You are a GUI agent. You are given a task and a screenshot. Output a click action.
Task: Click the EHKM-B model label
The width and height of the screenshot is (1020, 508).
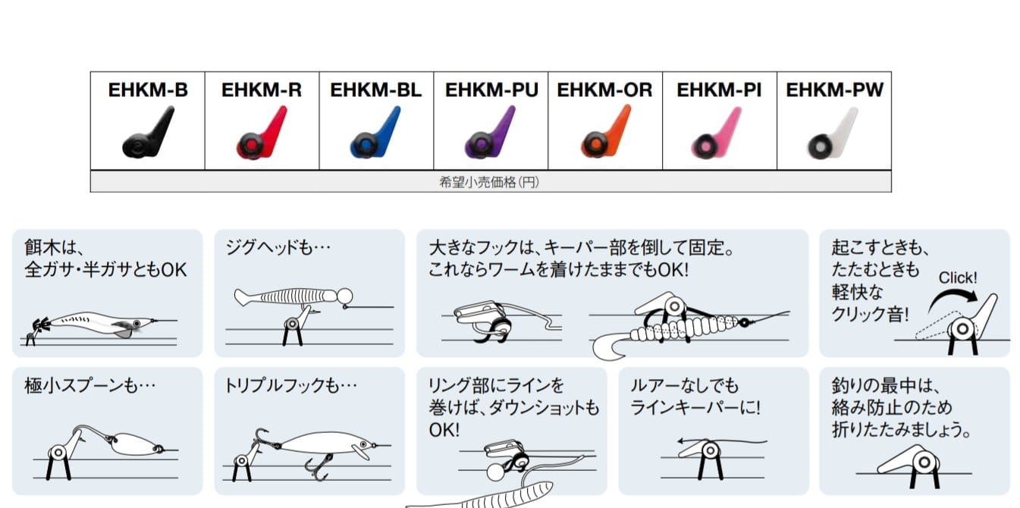(x=148, y=89)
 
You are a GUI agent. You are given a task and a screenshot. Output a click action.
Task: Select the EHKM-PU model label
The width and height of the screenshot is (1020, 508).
(x=491, y=89)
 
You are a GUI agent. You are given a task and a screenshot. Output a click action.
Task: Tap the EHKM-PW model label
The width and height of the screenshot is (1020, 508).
(x=834, y=89)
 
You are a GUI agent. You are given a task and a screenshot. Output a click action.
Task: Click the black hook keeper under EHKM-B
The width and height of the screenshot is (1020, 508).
(x=149, y=132)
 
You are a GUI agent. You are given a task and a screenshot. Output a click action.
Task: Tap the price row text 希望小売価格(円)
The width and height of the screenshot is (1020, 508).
(x=489, y=183)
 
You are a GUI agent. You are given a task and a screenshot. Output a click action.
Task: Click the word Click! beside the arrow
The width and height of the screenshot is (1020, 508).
(x=958, y=278)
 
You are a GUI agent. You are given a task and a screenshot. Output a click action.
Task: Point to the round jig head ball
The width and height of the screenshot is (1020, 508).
(x=345, y=296)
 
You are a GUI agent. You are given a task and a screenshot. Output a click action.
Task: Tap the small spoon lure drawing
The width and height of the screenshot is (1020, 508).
(x=135, y=444)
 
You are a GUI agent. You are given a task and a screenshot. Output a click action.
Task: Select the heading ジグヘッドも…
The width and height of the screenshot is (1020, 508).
(x=278, y=248)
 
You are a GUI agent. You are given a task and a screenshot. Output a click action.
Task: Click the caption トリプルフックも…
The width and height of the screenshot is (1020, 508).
(x=290, y=386)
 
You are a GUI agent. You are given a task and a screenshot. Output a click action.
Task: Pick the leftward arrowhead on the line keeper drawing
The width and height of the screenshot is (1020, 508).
(x=681, y=441)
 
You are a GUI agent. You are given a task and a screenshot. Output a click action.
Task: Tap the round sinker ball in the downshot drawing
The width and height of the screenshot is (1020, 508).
(x=495, y=472)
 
